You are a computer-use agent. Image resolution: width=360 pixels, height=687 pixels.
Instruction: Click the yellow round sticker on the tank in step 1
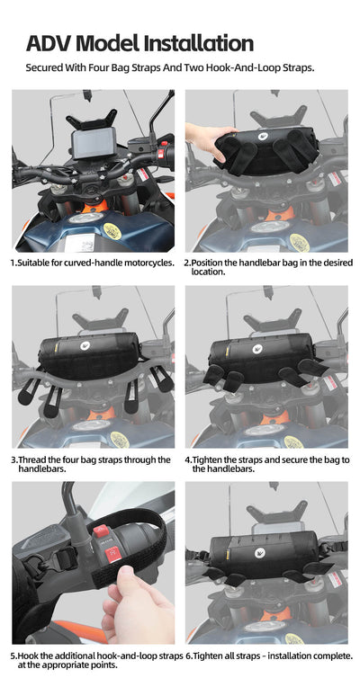coord(112,231)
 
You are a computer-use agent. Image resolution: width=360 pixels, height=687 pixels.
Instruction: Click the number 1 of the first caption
coord(13,263)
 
